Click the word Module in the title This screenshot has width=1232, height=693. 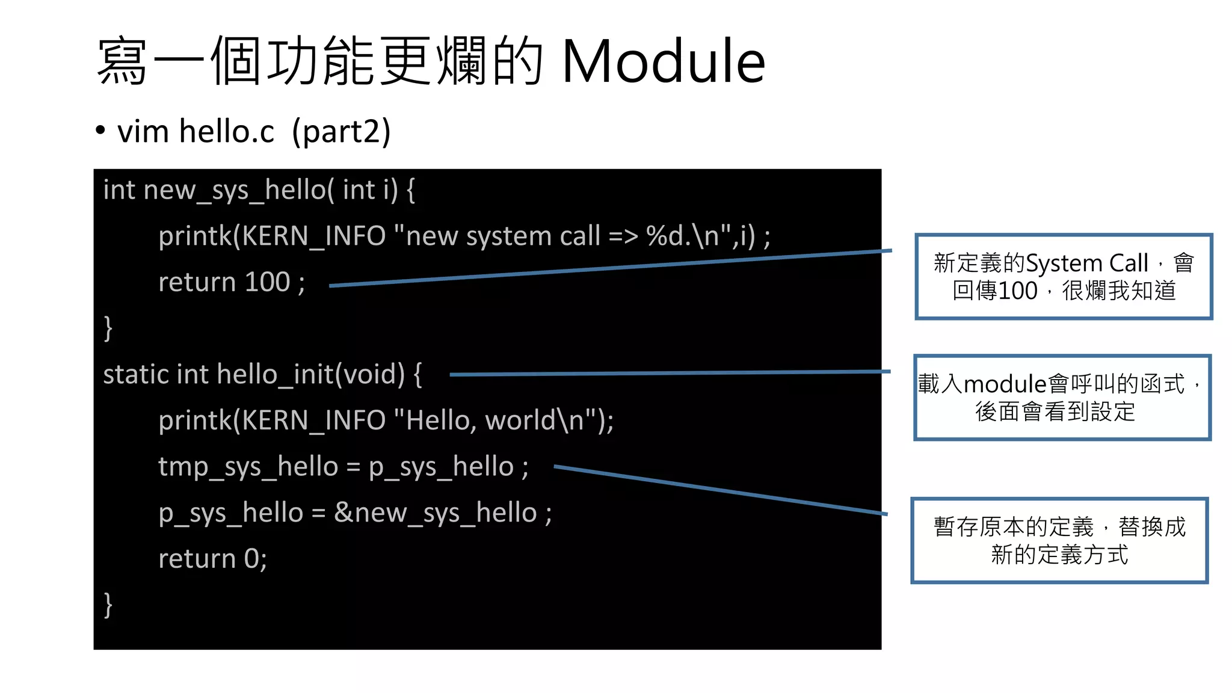[663, 61]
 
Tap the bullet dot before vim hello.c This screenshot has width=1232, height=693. [100, 131]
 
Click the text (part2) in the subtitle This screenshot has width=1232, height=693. [341, 132]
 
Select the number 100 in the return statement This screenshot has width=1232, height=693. [267, 282]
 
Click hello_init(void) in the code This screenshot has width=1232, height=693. [311, 374]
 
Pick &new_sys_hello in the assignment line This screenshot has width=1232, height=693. [435, 513]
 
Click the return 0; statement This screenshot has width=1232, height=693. [212, 559]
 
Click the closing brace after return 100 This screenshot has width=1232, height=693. [108, 328]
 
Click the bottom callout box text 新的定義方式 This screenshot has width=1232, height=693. [1059, 555]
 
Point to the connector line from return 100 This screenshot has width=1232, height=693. [602, 269]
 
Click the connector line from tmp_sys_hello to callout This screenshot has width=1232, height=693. [722, 490]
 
